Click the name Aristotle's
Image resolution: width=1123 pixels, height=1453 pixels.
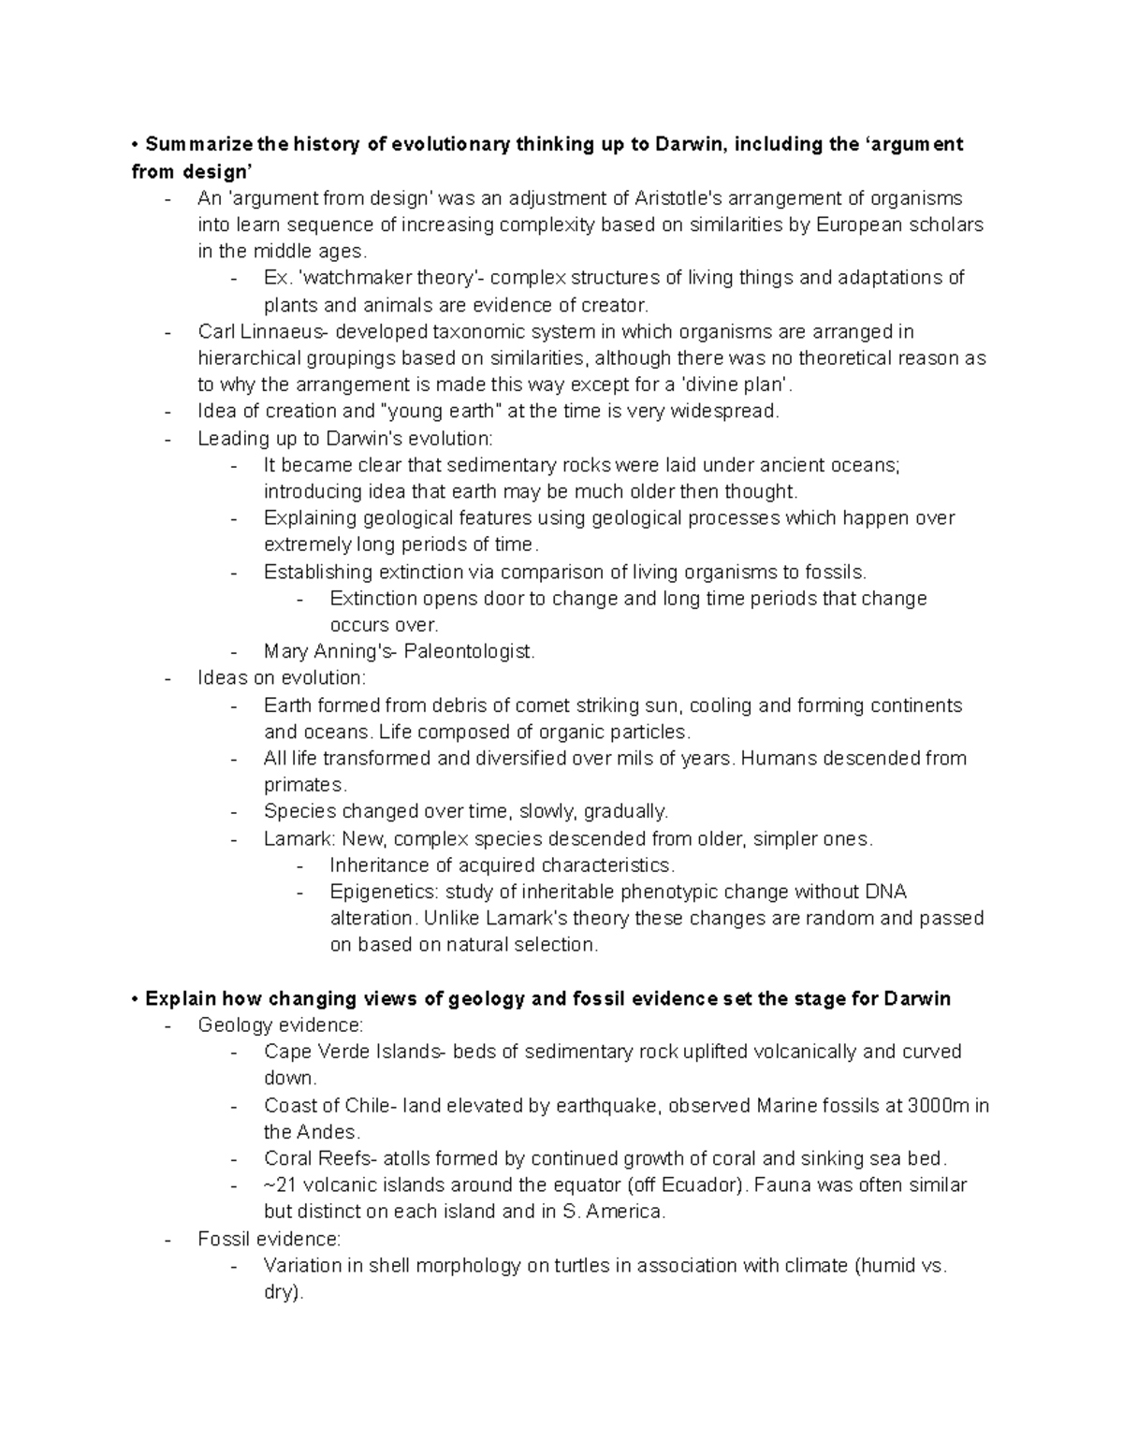678,198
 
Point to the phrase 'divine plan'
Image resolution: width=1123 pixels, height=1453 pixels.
737,385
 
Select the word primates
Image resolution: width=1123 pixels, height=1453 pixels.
303,785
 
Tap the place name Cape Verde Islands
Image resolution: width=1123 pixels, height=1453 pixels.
353,1053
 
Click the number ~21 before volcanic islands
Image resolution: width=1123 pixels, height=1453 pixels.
280,1185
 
